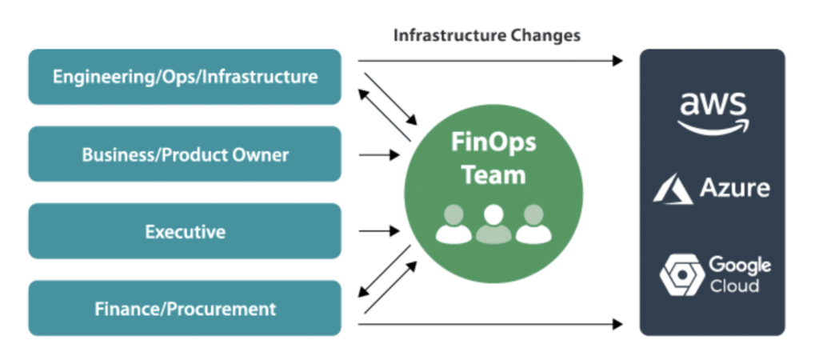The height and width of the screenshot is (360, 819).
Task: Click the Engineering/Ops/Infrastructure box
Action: click(185, 77)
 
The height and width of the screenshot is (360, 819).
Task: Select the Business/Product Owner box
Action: click(185, 154)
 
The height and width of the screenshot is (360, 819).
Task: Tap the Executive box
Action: click(185, 231)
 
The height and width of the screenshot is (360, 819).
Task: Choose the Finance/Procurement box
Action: click(185, 308)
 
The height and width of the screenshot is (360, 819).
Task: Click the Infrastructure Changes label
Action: click(487, 35)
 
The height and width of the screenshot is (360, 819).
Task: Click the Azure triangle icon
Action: click(672, 190)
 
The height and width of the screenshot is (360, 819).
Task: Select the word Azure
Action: click(734, 189)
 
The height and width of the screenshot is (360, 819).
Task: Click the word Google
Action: click(740, 265)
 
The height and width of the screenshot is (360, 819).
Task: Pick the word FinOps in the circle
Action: click(493, 145)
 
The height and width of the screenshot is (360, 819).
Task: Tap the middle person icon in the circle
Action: click(493, 223)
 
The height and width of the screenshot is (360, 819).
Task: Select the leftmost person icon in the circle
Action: click(453, 223)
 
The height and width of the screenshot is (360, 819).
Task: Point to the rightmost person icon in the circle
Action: click(533, 223)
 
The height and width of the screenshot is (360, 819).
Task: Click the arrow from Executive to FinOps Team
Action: click(378, 231)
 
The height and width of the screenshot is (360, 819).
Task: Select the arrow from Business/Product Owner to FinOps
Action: click(378, 154)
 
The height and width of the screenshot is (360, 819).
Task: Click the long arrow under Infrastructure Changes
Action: click(489, 60)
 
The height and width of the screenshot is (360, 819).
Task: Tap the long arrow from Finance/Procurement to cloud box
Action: click(489, 324)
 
